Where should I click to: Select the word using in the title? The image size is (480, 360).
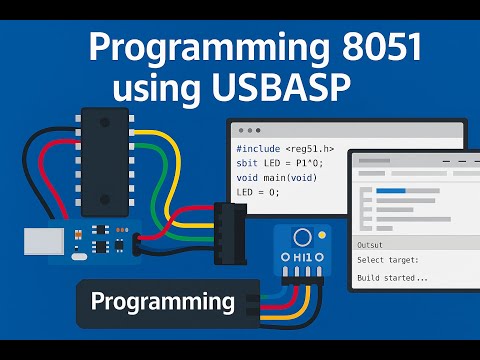pyautogui.click(x=160, y=88)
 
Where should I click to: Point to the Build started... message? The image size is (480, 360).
pyautogui.click(x=393, y=277)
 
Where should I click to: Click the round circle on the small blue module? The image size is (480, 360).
pyautogui.click(x=300, y=237)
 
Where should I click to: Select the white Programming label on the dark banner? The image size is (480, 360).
pyautogui.click(x=162, y=301)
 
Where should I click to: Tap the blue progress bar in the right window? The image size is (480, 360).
pyautogui.click(x=391, y=190)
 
